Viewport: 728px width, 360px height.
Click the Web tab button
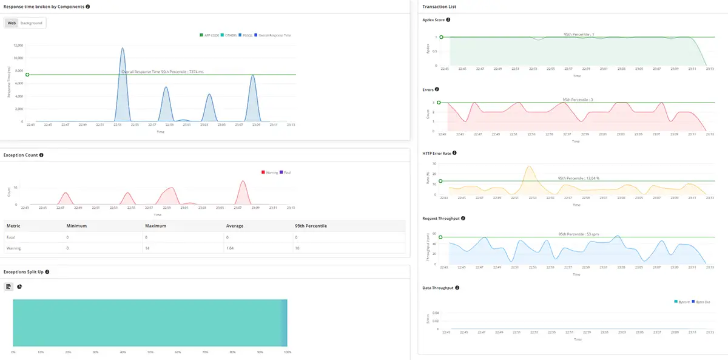pos(12,22)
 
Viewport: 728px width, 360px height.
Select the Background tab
pos(32,22)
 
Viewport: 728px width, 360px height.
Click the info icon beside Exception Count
pos(41,155)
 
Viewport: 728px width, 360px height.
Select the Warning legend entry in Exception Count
pos(271,172)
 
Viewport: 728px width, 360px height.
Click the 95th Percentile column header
pos(311,226)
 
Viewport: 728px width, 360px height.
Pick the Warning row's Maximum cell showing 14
pos(147,248)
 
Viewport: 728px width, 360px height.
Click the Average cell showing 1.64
pos(230,248)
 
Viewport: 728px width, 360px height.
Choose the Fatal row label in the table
pos(10,237)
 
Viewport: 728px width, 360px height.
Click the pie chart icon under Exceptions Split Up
pos(19,287)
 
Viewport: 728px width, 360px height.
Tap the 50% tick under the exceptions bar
pos(150,352)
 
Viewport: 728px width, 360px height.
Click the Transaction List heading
pos(439,7)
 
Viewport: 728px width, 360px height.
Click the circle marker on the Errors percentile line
pos(439,103)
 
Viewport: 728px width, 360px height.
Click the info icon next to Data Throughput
pos(457,288)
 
